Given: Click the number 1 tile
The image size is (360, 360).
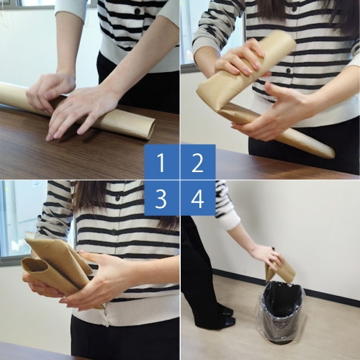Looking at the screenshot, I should click(x=161, y=162).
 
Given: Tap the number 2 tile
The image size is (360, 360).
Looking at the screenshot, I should click(x=198, y=162).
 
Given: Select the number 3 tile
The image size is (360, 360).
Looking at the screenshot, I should click(x=161, y=198).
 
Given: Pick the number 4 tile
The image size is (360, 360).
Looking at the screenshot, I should click(x=198, y=198).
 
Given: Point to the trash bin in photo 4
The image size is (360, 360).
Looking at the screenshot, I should click(x=281, y=313).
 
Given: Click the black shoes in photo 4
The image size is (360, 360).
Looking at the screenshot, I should click(x=225, y=317).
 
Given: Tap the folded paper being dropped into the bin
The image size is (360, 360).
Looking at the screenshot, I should click(x=282, y=271).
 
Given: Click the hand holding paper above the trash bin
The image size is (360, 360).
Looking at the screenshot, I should click(x=265, y=256).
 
